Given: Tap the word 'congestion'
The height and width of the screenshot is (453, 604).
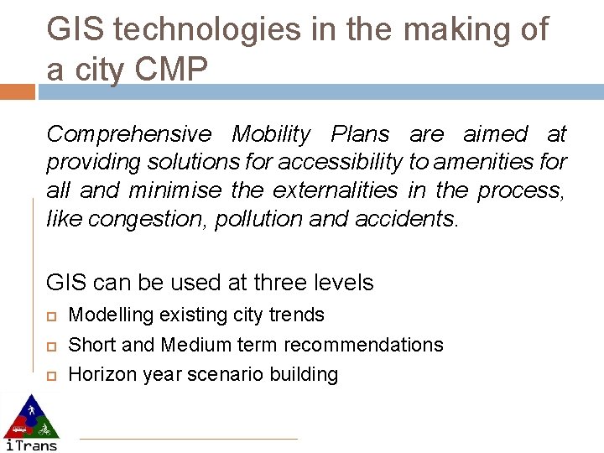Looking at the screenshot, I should pos(148,219).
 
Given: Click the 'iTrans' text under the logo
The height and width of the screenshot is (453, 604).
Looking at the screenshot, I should pos(31,445).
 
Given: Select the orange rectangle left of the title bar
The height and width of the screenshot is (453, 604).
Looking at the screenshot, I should pos(18,91).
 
